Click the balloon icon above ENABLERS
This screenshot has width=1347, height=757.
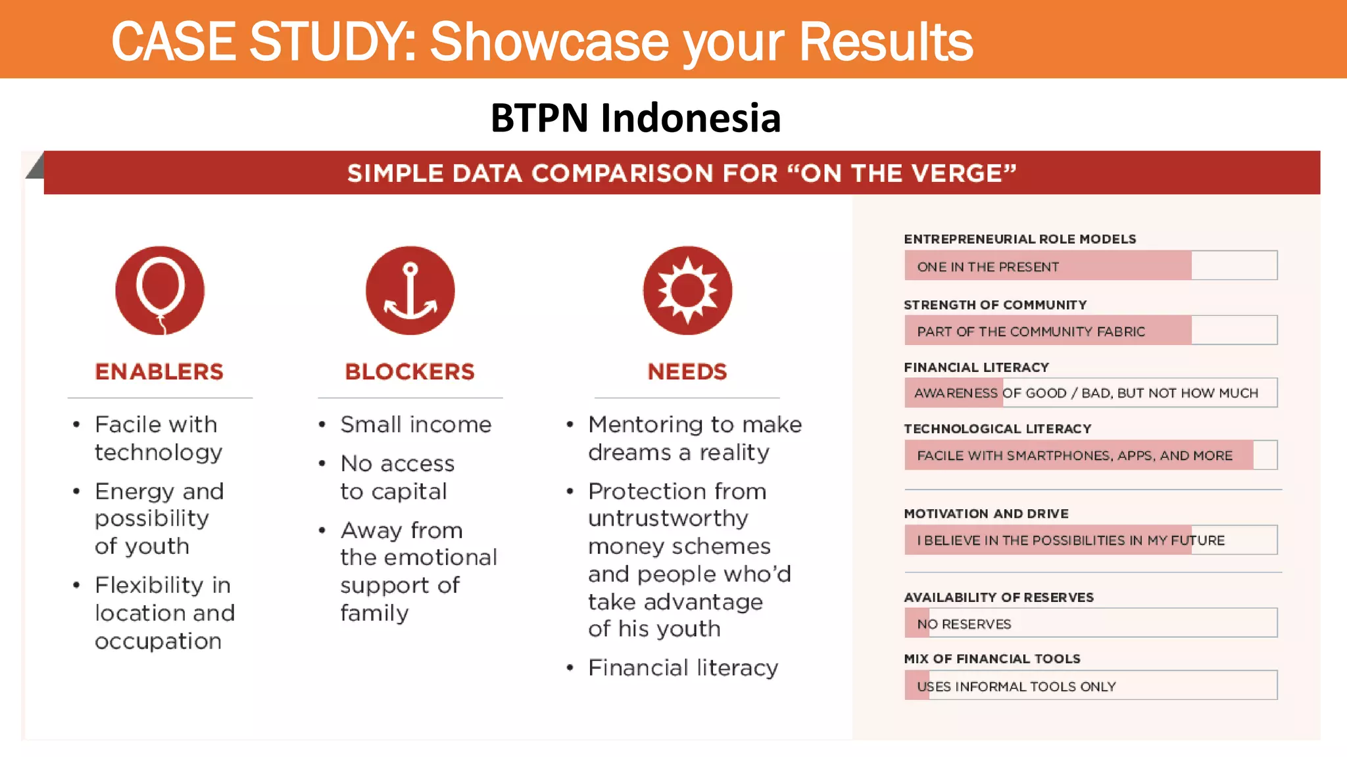pyautogui.click(x=160, y=290)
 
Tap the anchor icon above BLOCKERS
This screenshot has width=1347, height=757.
pyautogui.click(x=410, y=290)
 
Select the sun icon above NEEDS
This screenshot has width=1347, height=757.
pyautogui.click(x=687, y=290)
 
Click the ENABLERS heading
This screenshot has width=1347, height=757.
pyautogui.click(x=159, y=372)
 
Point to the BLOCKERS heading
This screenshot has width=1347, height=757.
pyautogui.click(x=410, y=372)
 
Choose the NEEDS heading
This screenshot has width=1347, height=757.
pyautogui.click(x=687, y=372)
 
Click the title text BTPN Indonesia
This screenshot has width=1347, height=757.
pyautogui.click(x=635, y=118)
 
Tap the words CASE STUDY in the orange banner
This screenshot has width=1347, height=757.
pyautogui.click(x=263, y=42)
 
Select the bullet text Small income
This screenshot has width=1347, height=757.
pyautogui.click(x=416, y=425)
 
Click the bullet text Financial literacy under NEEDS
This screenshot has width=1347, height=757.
pyautogui.click(x=683, y=668)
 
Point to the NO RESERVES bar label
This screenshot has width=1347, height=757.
pyautogui.click(x=964, y=624)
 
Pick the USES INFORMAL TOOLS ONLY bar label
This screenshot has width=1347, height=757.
pyautogui.click(x=1016, y=687)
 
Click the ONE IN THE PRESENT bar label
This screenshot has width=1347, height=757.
pyautogui.click(x=988, y=267)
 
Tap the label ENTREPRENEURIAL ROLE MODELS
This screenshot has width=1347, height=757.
pyautogui.click(x=1019, y=239)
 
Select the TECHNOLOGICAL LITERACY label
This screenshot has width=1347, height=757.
pyautogui.click(x=997, y=429)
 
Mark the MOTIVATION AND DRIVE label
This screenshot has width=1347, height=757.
pyautogui.click(x=986, y=514)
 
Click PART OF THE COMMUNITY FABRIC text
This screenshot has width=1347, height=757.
pyautogui.click(x=1031, y=332)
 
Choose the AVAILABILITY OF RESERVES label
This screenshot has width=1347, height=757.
pyautogui.click(x=998, y=597)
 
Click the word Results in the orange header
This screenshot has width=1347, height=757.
pyautogui.click(x=885, y=42)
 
